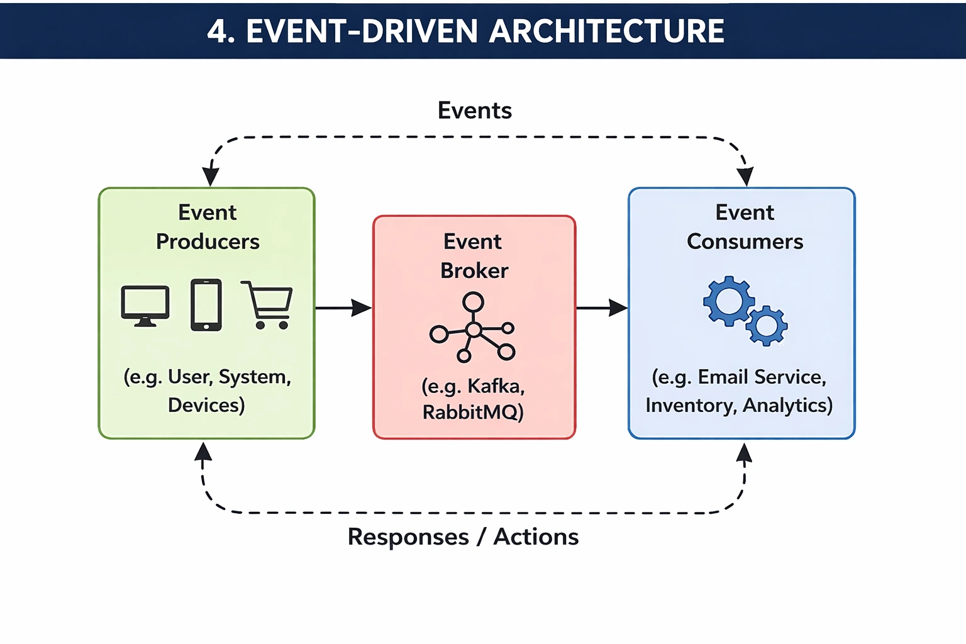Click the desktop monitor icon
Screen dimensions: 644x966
tap(145, 306)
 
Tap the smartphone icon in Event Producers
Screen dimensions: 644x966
tap(206, 305)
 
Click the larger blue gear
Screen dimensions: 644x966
tap(729, 301)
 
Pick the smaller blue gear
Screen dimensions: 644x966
tap(767, 325)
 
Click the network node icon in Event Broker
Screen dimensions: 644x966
tap(473, 328)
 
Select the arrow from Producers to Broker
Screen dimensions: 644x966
tap(343, 308)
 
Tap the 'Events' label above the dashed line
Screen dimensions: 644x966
tap(475, 111)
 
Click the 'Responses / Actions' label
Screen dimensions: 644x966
tap(463, 536)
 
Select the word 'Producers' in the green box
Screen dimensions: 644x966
tap(208, 241)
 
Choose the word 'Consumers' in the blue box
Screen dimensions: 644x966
tap(745, 241)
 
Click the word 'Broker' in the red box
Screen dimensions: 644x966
tap(474, 270)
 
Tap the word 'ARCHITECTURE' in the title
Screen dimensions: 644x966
tap(607, 31)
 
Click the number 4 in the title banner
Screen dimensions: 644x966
tap(217, 31)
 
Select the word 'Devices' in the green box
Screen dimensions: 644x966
tap(205, 405)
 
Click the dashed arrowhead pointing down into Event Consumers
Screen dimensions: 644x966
tap(745, 177)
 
